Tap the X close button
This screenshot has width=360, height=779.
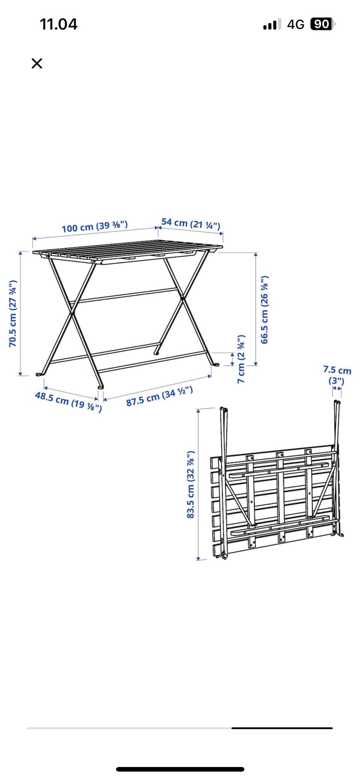tap(37, 63)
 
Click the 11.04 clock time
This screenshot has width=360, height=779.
tap(58, 24)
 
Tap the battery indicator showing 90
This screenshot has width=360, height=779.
tap(322, 24)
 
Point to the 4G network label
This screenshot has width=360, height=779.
tap(295, 25)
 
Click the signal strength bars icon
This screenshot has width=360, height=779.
tap(272, 25)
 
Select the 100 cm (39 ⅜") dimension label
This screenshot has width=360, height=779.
tap(94, 226)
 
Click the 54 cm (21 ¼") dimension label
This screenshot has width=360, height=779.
tap(191, 223)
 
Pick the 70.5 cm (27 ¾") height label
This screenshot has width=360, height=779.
tap(13, 313)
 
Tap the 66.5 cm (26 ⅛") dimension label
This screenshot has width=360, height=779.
tap(264, 310)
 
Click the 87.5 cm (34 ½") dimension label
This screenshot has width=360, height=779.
tap(160, 396)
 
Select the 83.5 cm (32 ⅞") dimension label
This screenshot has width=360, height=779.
tap(190, 484)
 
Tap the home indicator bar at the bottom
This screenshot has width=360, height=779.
tap(180, 766)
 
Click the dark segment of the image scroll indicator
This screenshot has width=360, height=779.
tap(282, 728)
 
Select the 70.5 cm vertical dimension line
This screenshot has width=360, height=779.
tap(21, 313)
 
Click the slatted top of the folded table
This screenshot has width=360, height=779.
tap(274, 500)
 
